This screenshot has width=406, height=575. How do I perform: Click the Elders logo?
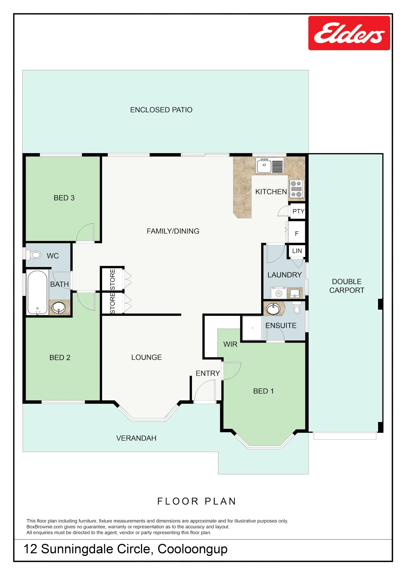pos(349,33)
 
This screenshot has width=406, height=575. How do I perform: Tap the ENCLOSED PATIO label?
pos(161,110)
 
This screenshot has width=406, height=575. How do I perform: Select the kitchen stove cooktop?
pos(296,189)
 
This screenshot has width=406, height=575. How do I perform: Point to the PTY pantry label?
pos(298,211)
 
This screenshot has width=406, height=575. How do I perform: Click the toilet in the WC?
pos(33,255)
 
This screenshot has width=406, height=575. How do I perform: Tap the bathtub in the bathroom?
pos(37,292)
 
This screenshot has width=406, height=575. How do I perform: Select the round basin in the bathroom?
pos(59,308)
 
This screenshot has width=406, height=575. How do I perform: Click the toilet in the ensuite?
pos(297,308)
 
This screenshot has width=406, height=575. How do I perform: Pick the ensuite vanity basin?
pos(273,309)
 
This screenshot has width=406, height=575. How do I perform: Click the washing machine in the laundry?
pos(279,293)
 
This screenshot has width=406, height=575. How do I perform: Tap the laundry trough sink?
pos(294,293)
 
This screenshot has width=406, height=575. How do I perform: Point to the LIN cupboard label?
pos(297,251)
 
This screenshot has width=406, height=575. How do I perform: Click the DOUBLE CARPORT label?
pos(347,286)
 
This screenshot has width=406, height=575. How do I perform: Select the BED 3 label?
pos(64,198)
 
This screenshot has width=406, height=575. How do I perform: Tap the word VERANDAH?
pos(136,438)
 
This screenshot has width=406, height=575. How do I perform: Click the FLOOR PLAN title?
pos(197,502)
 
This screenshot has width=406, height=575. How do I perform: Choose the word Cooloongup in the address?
pos(192,549)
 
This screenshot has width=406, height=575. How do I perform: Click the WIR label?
pos(230,344)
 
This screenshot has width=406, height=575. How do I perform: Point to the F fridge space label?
pos(297,234)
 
